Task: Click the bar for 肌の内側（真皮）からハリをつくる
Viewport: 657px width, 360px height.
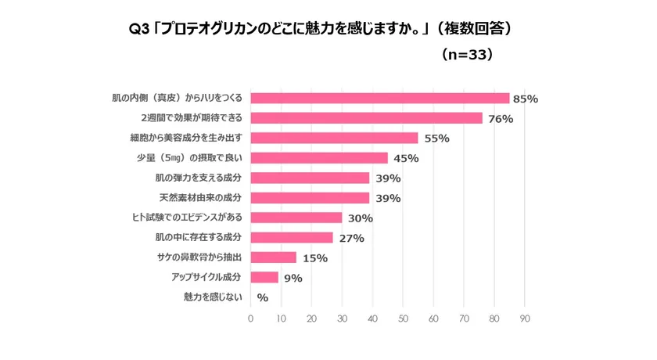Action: pyautogui.click(x=379, y=99)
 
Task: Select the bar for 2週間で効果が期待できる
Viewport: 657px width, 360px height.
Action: pyautogui.click(x=366, y=118)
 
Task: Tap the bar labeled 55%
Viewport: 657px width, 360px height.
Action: pyautogui.click(x=334, y=139)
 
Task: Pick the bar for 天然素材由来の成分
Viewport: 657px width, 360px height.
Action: pyautogui.click(x=310, y=198)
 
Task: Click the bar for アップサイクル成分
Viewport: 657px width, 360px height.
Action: pyautogui.click(x=264, y=277)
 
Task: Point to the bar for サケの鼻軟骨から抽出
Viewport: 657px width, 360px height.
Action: pyautogui.click(x=273, y=257)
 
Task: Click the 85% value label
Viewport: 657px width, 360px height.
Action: pyautogui.click(x=526, y=99)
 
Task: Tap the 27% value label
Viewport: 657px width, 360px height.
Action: pyautogui.click(x=351, y=238)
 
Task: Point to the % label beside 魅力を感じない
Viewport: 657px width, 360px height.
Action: pyautogui.click(x=263, y=297)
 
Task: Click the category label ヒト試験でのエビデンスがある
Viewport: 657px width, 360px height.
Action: pyautogui.click(x=188, y=218)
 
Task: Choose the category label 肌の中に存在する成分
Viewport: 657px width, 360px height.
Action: pyautogui.click(x=199, y=237)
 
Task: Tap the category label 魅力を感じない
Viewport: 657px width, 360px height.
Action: pyautogui.click(x=213, y=297)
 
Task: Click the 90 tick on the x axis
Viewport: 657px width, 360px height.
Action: pyautogui.click(x=525, y=319)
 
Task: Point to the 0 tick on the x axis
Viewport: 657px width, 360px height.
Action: pyautogui.click(x=250, y=319)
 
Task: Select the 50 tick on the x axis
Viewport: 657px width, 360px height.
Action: pyautogui.click(x=403, y=319)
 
